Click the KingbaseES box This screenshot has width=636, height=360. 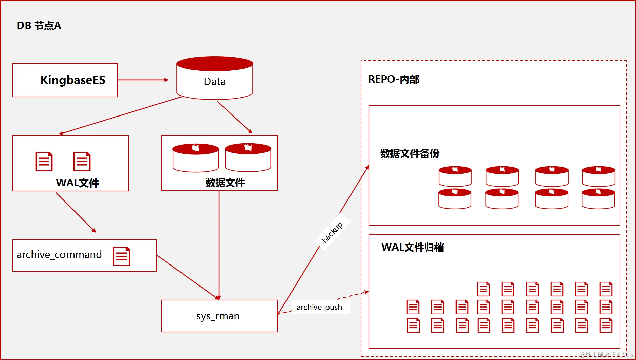click(65, 80)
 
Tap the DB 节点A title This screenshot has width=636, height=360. click(39, 26)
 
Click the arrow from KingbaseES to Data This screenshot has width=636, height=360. click(143, 80)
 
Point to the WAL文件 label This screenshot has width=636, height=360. click(77, 183)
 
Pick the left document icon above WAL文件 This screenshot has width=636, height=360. click(44, 162)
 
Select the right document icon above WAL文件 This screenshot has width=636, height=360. click(82, 162)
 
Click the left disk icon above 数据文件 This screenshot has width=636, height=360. click(196, 158)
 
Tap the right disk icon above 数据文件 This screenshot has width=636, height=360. click(248, 157)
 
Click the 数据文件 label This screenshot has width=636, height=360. click(225, 183)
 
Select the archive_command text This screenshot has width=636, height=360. click(59, 255)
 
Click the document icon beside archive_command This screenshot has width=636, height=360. click(122, 256)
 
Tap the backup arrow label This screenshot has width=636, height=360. click(332, 233)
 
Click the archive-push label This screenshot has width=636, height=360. click(319, 307)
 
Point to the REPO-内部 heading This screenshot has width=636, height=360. click(394, 79)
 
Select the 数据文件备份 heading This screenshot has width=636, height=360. click(409, 153)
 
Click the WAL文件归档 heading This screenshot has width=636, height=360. click(412, 247)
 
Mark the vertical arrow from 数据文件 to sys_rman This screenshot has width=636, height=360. click(219, 244)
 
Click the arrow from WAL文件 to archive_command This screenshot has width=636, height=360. click(76, 212)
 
